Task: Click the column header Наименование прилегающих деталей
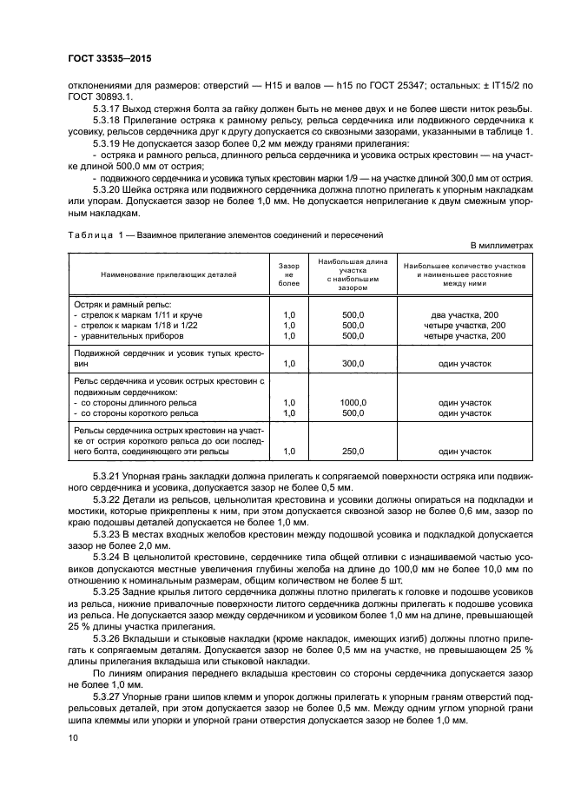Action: (168, 274)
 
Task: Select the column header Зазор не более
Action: (288, 274)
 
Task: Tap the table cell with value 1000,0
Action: (353, 403)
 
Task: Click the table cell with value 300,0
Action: (353, 364)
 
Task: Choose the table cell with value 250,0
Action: (353, 452)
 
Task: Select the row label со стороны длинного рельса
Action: (139, 403)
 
